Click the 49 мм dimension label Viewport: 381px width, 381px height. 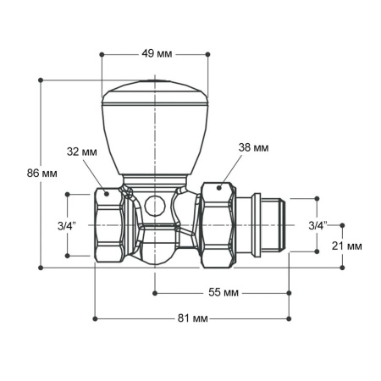(153, 54)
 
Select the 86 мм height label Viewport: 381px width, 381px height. (42, 173)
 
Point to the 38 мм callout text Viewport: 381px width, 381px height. (254, 147)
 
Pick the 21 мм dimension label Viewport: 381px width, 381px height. (347, 246)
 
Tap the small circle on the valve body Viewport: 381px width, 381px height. (153, 204)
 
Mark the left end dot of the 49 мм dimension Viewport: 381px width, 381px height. (101, 54)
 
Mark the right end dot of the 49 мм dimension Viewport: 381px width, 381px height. (207, 54)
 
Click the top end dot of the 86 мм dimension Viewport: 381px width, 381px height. (41, 80)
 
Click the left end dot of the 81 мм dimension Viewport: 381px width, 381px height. (95, 318)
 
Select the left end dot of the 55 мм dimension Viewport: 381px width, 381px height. (154, 292)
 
